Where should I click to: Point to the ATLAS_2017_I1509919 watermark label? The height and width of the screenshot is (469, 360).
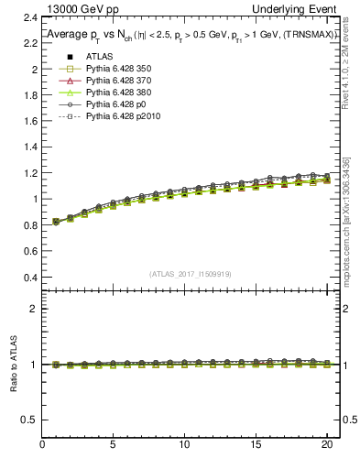[191, 273]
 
